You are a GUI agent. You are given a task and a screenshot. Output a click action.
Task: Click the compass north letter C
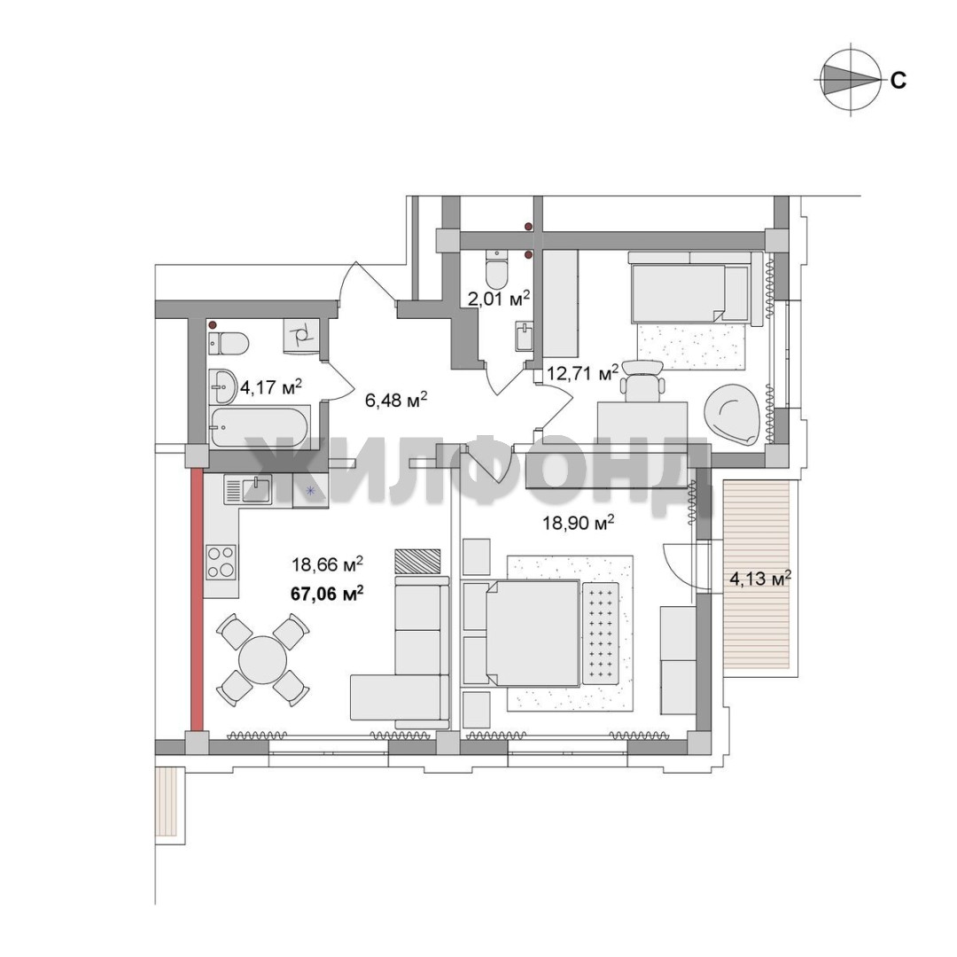click(x=898, y=80)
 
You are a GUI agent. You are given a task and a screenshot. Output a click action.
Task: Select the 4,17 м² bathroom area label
click(x=271, y=387)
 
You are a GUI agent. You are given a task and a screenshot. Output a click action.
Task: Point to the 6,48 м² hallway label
click(x=395, y=401)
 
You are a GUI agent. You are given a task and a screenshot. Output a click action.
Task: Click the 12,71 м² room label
click(x=582, y=372)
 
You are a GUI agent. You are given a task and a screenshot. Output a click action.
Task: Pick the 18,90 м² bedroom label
click(x=578, y=523)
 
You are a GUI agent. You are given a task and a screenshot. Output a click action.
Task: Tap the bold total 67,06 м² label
click(x=329, y=593)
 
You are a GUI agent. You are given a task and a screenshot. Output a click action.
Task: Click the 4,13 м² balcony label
click(x=760, y=578)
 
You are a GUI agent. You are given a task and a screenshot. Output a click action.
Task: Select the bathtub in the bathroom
click(x=260, y=427)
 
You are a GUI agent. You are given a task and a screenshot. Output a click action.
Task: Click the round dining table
click(x=262, y=660)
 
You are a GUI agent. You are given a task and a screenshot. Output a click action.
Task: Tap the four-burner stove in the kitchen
click(x=221, y=562)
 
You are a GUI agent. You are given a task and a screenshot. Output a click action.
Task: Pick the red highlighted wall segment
click(x=197, y=599)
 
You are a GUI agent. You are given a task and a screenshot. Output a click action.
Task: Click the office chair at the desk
click(x=642, y=381)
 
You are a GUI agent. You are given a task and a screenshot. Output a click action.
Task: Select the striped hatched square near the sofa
click(x=417, y=561)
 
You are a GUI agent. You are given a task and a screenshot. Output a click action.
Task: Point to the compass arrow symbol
click(x=850, y=80)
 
